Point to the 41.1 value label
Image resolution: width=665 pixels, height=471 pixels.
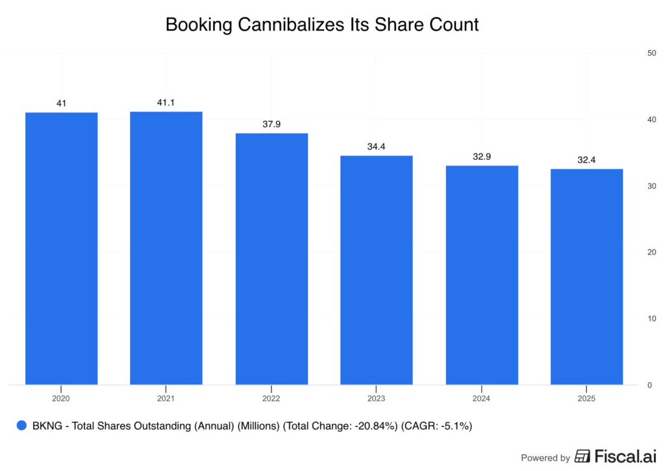[166, 103]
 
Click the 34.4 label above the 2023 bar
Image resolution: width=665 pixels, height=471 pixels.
[377, 147]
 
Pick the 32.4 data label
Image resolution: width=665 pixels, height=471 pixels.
[586, 160]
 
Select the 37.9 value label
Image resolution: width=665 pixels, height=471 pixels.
[271, 124]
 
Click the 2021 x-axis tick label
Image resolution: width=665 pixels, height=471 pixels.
[166, 398]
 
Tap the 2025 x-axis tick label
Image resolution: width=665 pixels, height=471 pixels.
[586, 398]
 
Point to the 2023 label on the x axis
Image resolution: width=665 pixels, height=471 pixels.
[377, 398]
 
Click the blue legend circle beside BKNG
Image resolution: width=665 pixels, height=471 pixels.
[21, 426]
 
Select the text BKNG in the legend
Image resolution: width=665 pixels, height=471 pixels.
[47, 426]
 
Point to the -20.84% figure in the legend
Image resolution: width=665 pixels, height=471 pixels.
[369, 426]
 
